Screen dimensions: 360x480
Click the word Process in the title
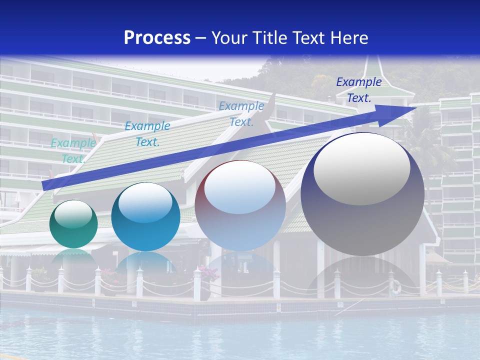[x=157, y=37]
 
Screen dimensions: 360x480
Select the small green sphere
[x=73, y=224]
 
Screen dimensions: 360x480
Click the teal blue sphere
[x=145, y=216]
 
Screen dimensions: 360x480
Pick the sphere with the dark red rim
[x=240, y=205]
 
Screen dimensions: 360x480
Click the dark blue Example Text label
[x=359, y=90]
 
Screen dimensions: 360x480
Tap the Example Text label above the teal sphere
[x=147, y=134]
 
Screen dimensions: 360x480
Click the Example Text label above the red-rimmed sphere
[x=241, y=113]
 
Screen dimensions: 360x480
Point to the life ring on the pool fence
[x=395, y=286]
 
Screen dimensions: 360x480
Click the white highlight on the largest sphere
[x=361, y=167]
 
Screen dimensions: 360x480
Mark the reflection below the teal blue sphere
[x=145, y=262]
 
